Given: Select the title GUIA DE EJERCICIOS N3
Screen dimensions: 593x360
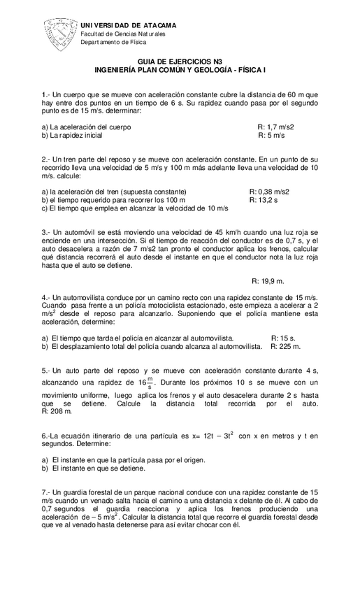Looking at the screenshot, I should pos(180,62).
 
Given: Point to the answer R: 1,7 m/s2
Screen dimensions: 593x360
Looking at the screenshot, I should pos(275,127).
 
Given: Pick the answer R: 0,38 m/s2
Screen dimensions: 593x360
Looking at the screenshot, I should pos(269,192).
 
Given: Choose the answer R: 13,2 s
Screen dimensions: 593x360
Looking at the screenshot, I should pos(264,200).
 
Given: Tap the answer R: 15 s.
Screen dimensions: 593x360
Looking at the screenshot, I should pos(283,338).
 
